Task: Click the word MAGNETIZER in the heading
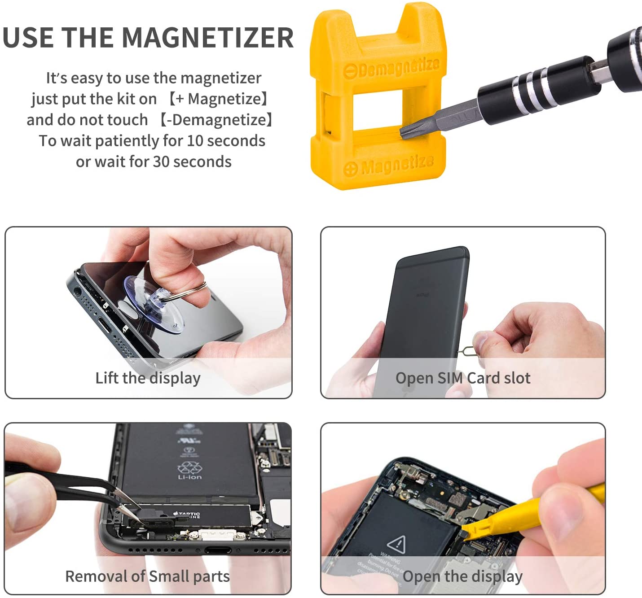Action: coord(207,37)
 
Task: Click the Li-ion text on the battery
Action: coord(189,477)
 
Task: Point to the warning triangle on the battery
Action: coord(396,544)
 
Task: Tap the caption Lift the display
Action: coord(148,378)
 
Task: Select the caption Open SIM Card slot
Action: coord(462,378)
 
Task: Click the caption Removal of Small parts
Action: coord(147,576)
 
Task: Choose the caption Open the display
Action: coord(462,576)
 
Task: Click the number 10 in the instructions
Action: coord(195,141)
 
